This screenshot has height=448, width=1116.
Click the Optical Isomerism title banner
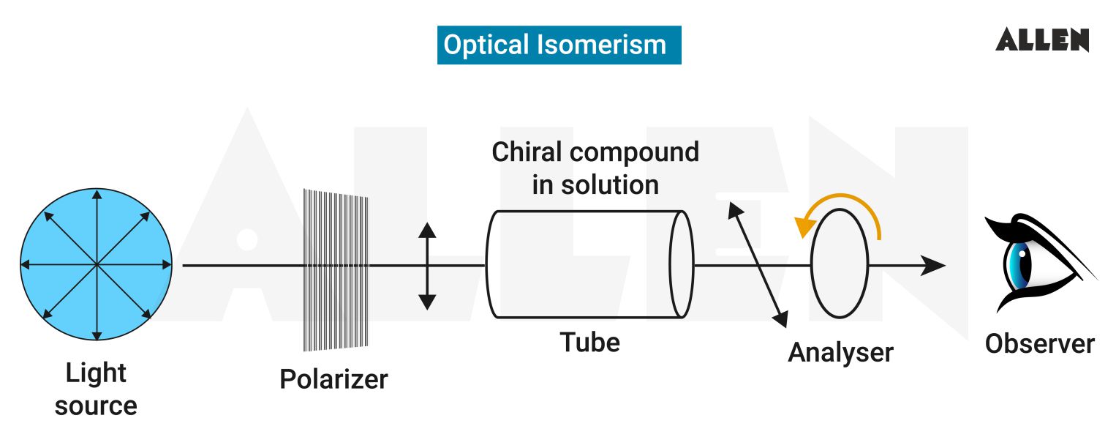pyautogui.click(x=559, y=45)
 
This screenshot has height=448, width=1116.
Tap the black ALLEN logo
pyautogui.click(x=1042, y=40)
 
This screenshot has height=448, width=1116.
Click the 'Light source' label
pyautogui.click(x=96, y=389)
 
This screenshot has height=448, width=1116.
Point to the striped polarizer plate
pyautogui.click(x=336, y=268)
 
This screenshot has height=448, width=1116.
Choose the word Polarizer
pyautogui.click(x=333, y=379)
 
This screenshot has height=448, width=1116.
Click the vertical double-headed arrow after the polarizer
pyautogui.click(x=427, y=266)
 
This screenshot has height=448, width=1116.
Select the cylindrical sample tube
pyautogui.click(x=585, y=264)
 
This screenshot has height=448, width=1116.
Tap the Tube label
pyautogui.click(x=589, y=342)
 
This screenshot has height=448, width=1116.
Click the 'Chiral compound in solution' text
pyautogui.click(x=595, y=168)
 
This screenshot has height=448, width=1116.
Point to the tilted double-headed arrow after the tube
pyautogui.click(x=758, y=264)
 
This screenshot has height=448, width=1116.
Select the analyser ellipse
pyautogui.click(x=840, y=264)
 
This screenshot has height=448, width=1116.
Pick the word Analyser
pyautogui.click(x=840, y=353)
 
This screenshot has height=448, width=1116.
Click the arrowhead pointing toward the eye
pyautogui.click(x=933, y=265)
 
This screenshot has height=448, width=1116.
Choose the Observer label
pyautogui.click(x=1039, y=343)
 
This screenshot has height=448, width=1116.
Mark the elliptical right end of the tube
pyautogui.click(x=682, y=264)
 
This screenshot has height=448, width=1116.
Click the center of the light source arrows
pyautogui.click(x=96, y=264)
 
